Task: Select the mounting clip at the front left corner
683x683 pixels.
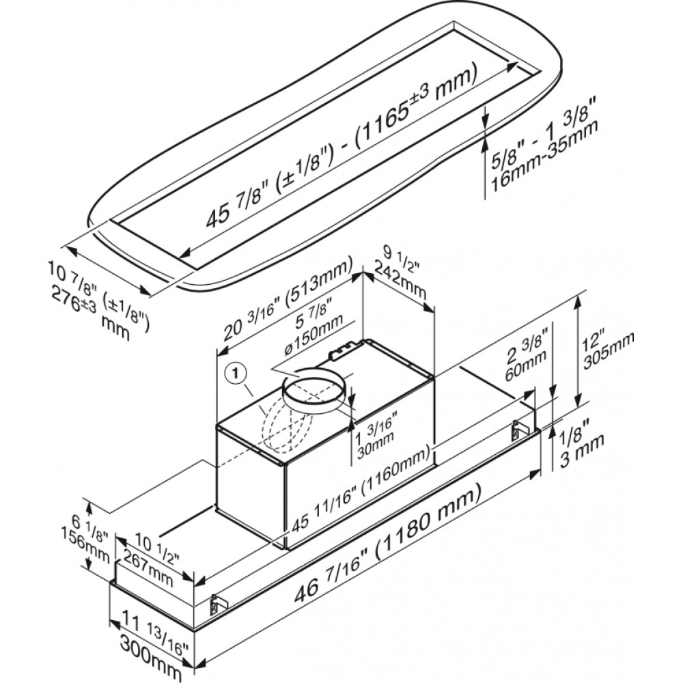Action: [x=218, y=603]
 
